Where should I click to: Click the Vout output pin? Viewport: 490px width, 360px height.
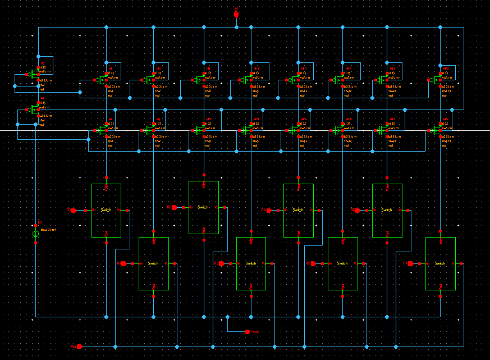pos(248,331)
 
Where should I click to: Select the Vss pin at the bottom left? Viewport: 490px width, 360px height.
pos(80,347)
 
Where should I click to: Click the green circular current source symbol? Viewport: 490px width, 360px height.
pos(36,234)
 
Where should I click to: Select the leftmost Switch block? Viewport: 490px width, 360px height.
pos(106,210)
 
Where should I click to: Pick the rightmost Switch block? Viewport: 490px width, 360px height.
pos(440,263)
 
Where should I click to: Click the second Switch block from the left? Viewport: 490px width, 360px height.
pos(154,263)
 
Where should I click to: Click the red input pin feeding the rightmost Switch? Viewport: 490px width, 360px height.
pos(410,263)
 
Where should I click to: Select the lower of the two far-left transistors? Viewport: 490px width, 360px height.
pos(35,110)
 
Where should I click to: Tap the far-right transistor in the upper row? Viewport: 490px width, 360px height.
pos(438,80)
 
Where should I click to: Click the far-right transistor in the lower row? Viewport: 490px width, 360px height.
pos(438,130)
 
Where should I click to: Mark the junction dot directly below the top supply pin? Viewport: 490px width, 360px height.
pos(236,27)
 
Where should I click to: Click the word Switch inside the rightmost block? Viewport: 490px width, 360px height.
pos(440,263)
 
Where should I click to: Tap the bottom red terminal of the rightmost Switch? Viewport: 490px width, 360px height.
pos(440,288)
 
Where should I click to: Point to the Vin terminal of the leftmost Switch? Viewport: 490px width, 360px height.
pos(86,210)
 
